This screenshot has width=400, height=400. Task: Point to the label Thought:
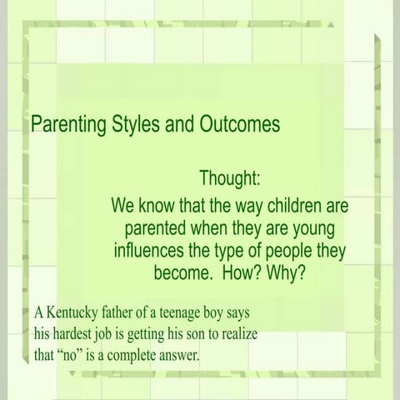[230, 178]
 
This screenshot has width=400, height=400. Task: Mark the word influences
[152, 250]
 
